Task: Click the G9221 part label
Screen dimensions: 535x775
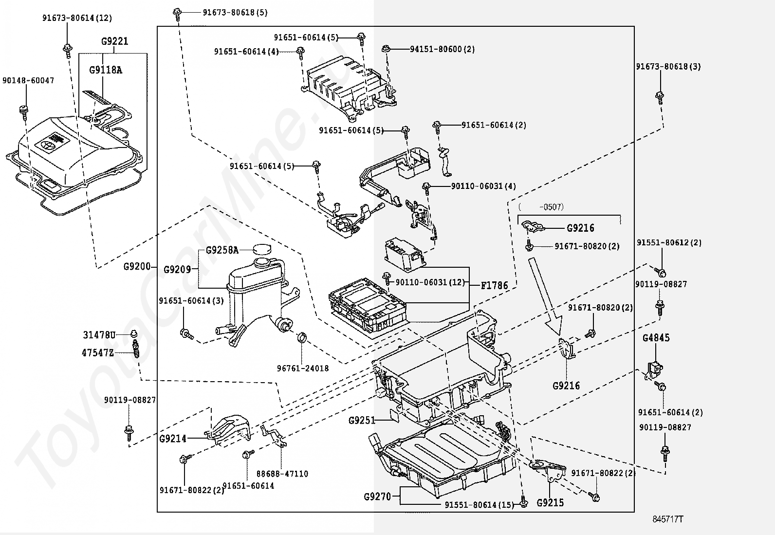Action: coord(115,41)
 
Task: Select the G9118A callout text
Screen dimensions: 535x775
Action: coord(106,70)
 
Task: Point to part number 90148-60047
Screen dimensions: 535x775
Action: coord(28,80)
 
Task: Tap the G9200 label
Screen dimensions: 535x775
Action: coord(136,266)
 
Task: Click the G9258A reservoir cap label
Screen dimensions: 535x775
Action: coord(222,250)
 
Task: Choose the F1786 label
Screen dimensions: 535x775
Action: coord(494,285)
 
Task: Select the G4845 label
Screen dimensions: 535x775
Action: coord(656,337)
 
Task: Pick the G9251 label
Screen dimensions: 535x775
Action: coord(362,420)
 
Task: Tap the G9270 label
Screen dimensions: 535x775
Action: coord(377,497)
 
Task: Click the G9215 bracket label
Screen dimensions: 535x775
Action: coord(550,503)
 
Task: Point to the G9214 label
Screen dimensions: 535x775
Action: coord(173,439)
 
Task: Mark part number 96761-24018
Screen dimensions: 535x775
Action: coord(303,369)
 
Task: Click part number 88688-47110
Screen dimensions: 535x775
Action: coord(282,474)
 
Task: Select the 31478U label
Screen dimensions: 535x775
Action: coord(99,335)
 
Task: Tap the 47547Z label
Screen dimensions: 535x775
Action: coord(97,352)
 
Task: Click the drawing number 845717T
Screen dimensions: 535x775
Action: coord(668,519)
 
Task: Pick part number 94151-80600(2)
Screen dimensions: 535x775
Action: coord(442,49)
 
